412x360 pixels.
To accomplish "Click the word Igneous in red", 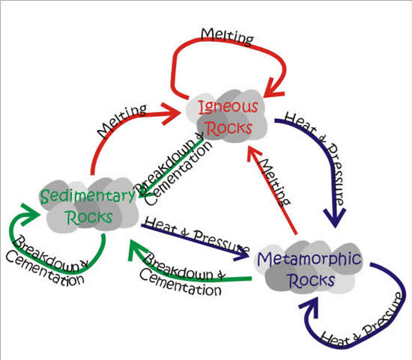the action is click(228, 107).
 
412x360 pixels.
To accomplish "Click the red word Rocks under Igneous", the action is click(228, 129).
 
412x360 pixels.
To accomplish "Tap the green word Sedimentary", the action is click(87, 196).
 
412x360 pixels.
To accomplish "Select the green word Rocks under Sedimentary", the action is click(90, 217).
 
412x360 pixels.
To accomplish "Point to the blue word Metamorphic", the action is click(309, 259).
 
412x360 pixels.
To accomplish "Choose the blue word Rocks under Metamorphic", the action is click(312, 280).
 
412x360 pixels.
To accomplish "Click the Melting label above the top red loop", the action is click(227, 37).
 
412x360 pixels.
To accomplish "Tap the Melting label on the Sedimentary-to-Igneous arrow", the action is click(121, 120).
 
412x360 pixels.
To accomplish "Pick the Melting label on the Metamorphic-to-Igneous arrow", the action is click(273, 182).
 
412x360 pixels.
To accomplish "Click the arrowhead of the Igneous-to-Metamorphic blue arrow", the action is click(336, 217).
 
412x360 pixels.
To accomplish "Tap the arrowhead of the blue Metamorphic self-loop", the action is click(310, 306).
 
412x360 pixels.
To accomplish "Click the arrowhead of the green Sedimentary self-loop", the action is click(29, 214).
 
